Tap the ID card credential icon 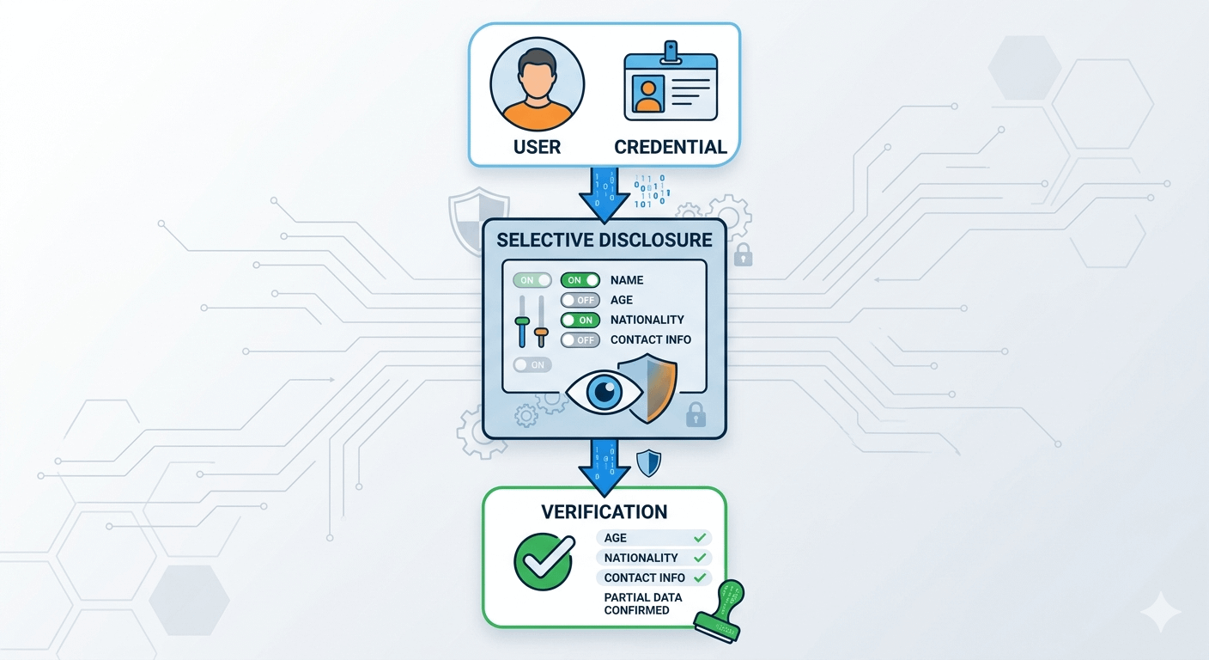[x=670, y=85]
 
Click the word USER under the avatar [x=537, y=147]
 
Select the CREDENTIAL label [x=671, y=147]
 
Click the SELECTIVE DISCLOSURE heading [x=604, y=239]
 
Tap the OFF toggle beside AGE [x=580, y=300]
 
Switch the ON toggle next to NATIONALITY [x=580, y=320]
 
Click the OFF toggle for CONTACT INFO [x=580, y=340]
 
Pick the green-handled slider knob [x=522, y=321]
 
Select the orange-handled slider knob [x=541, y=331]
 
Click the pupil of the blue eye [x=606, y=392]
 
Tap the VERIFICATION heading [x=604, y=512]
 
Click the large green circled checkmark [x=544, y=561]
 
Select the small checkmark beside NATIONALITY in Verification [x=701, y=558]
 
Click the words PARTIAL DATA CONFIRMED [x=642, y=603]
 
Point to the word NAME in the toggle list [x=627, y=280]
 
